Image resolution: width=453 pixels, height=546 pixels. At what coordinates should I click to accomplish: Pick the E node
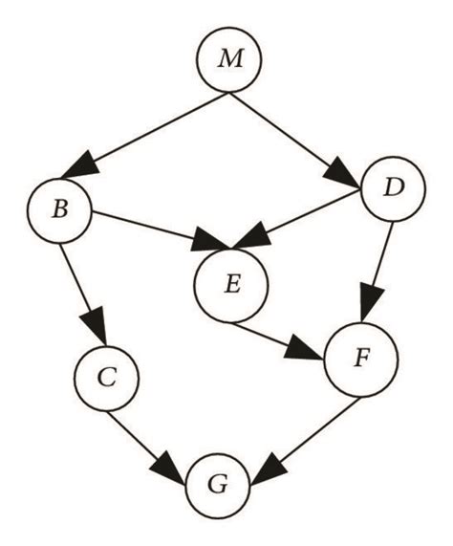[x=231, y=285]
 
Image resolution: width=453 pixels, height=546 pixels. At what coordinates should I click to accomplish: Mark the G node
[x=219, y=484]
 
